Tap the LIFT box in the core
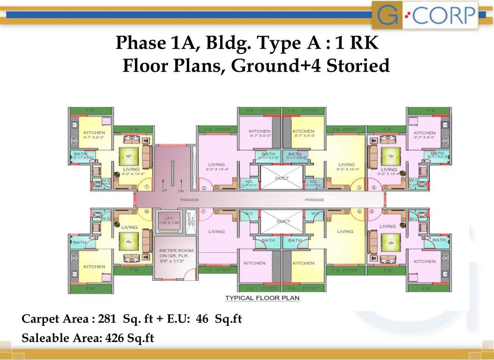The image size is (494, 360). coord(168,221)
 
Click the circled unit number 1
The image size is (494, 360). coord(146,187)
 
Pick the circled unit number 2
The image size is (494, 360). coord(204,188)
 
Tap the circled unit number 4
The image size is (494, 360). coord(374,188)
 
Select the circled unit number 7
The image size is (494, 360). coord(203,211)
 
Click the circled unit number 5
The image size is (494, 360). coord(372,211)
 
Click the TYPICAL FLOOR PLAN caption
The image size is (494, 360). coord(262,298)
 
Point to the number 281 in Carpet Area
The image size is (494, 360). coord(108,320)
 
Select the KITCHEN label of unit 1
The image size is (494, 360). coord(94,133)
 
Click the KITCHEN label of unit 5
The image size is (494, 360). coord(425,261)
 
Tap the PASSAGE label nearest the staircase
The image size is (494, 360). coord(190,200)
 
